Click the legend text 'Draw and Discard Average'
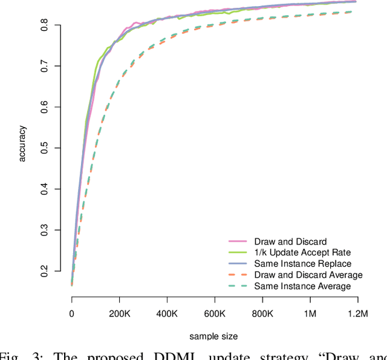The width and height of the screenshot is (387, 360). click(308, 275)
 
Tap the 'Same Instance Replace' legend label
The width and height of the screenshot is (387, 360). click(302, 264)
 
